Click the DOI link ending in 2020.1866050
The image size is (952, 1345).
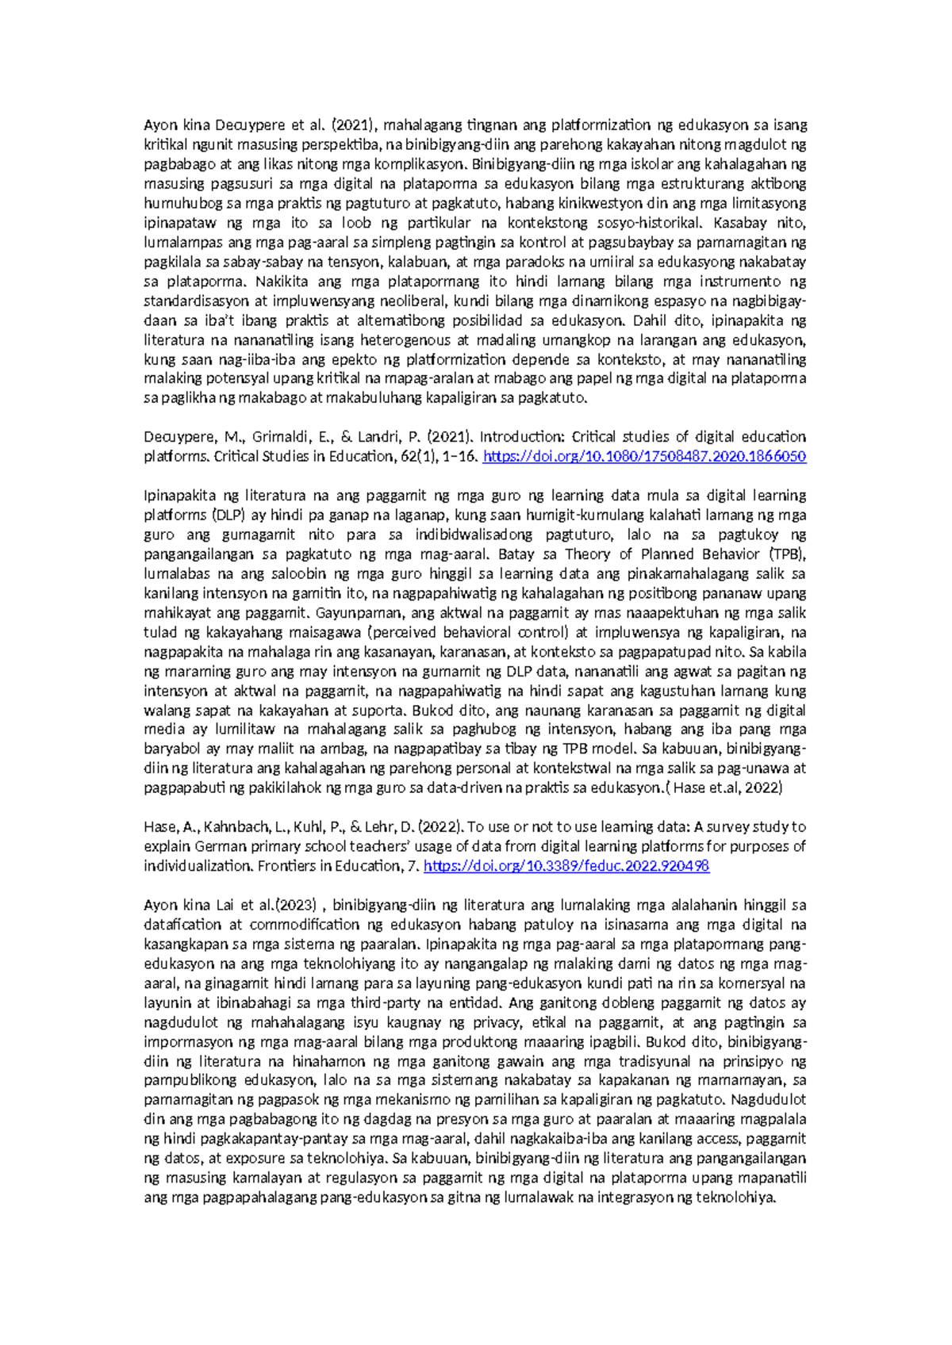644,456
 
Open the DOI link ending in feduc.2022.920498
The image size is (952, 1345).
566,866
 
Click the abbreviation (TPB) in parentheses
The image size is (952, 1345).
786,554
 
